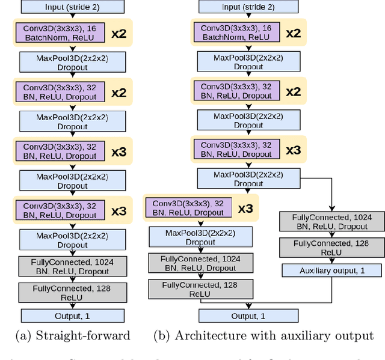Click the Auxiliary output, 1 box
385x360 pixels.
click(331, 271)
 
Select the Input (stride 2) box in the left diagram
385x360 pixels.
click(73, 7)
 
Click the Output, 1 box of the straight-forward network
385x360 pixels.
click(73, 316)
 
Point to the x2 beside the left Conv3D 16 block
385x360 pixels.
click(118, 33)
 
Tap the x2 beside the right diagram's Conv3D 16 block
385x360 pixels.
click(293, 33)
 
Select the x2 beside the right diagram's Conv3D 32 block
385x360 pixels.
click(293, 92)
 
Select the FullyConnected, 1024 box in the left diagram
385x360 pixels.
click(73, 266)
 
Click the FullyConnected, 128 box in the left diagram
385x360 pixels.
click(73, 293)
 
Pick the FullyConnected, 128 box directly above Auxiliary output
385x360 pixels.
click(331, 248)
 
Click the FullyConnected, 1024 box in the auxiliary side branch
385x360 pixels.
click(331, 221)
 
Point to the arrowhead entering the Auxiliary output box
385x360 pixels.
click(331, 262)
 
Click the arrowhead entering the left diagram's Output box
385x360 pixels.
click(73, 307)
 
